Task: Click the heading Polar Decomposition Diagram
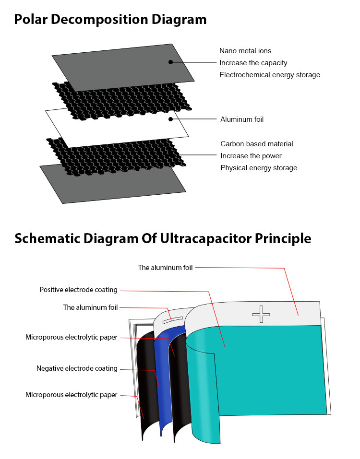coord(110,20)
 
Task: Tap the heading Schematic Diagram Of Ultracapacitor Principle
coord(163,238)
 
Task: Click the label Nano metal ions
coord(245,51)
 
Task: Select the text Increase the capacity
coord(253,63)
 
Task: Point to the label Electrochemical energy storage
coord(270,75)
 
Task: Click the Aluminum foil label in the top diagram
coord(242,119)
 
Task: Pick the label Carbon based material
coord(257,144)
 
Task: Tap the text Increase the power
coord(251,156)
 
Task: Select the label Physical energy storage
coord(259,168)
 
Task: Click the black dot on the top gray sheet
coord(170,62)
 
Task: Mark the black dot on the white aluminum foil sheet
coord(170,119)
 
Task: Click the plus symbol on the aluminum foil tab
coord(261,314)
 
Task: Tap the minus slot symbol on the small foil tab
coord(172,320)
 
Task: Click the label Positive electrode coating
coord(79,290)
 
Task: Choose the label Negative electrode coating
coord(77,368)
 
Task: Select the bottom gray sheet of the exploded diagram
coord(113,184)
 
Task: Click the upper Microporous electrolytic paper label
coord(71,337)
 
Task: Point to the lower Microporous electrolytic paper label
coord(71,395)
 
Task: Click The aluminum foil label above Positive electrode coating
coord(165,268)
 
